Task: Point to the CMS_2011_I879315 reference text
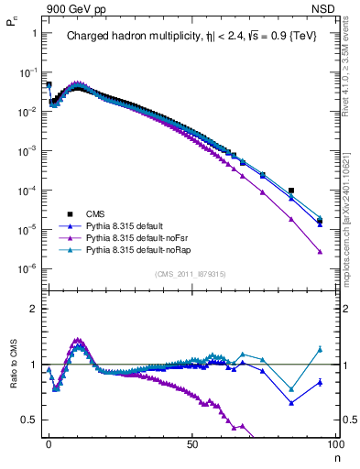click(191, 273)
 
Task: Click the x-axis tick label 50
click(192, 446)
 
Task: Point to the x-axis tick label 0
click(49, 446)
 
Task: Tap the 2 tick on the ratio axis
click(32, 309)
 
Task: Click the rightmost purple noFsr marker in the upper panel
click(320, 251)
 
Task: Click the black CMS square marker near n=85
click(291, 191)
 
